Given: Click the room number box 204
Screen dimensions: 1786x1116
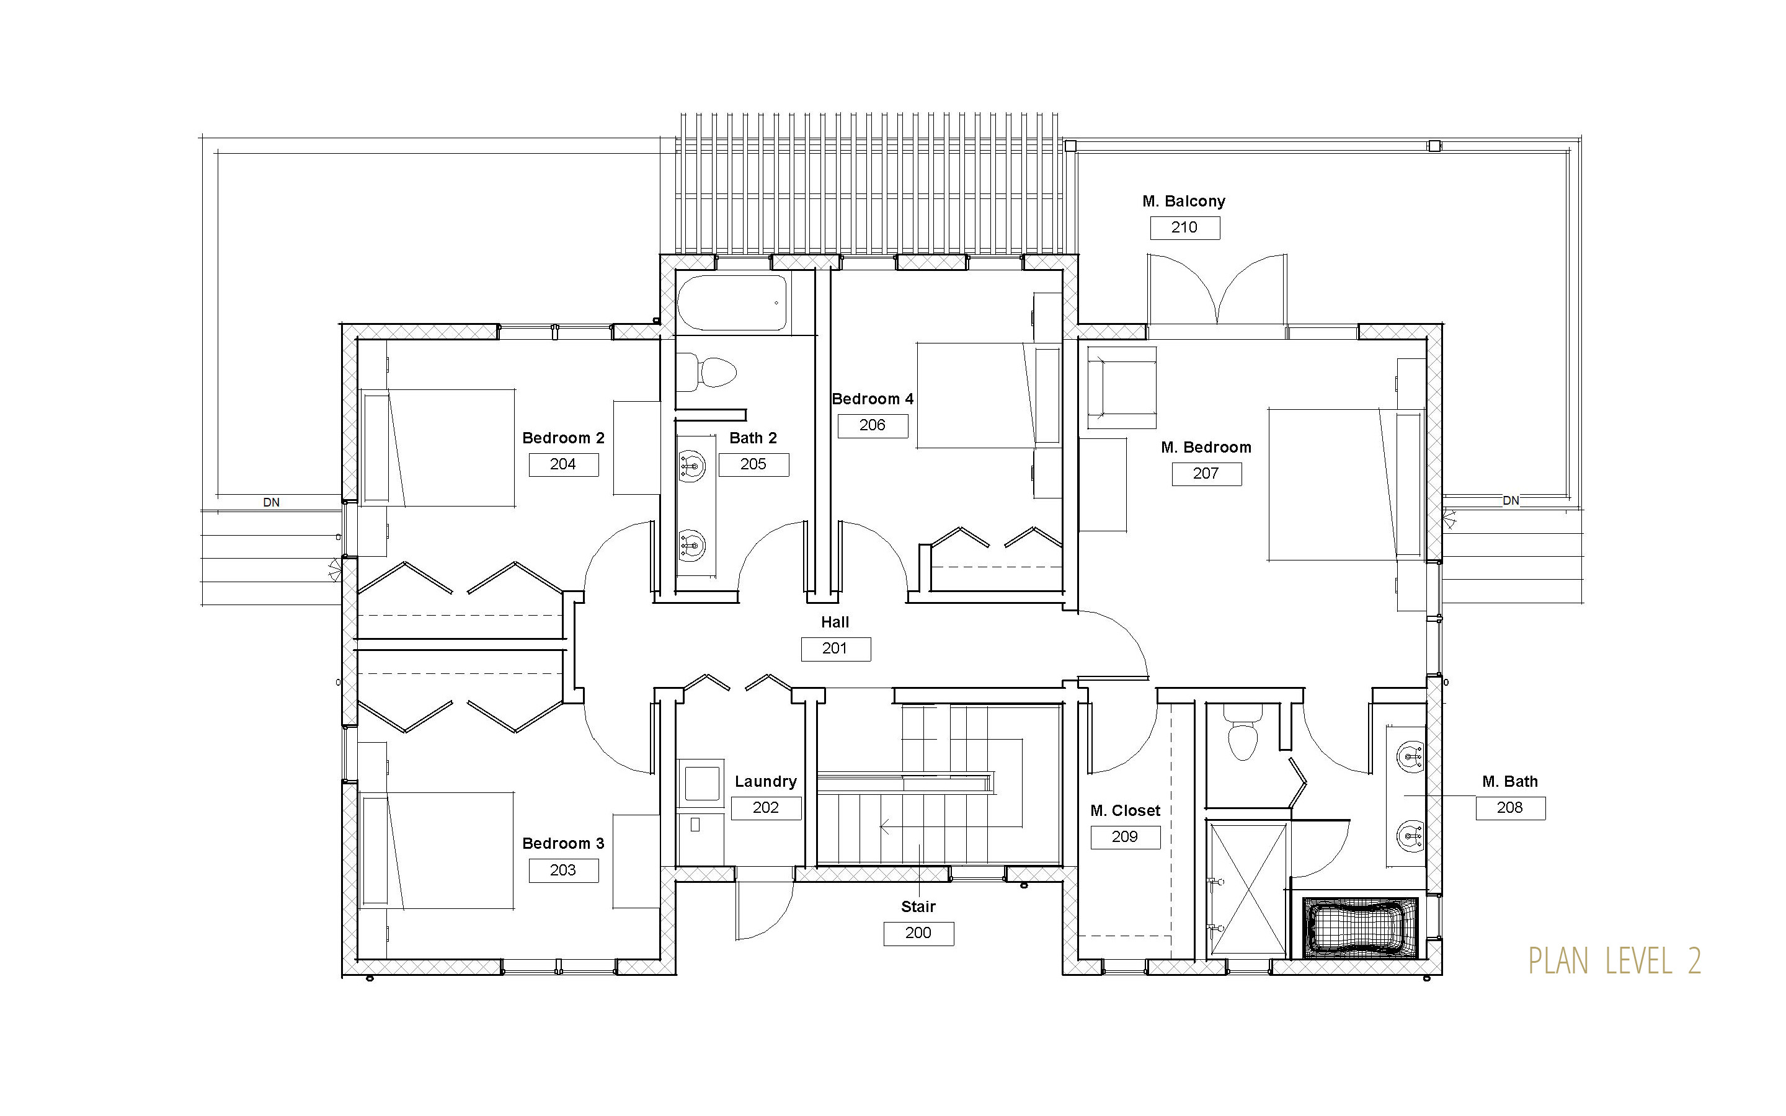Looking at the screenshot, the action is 563,464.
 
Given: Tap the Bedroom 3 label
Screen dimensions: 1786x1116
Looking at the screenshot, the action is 563,844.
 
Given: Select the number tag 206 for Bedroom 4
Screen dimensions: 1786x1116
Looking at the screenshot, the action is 873,425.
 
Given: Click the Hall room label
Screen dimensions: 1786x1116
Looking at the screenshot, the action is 835,622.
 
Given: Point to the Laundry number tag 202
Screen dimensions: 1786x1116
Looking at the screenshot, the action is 766,807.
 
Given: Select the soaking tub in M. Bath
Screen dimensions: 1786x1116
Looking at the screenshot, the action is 1360,928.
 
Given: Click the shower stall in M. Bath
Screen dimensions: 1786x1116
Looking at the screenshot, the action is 1246,890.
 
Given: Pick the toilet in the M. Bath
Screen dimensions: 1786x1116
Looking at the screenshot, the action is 1243,732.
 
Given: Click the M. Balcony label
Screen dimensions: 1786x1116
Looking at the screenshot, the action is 1184,201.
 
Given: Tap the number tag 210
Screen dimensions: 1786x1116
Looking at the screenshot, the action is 1184,228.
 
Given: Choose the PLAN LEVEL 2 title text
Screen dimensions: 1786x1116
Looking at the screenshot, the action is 1615,961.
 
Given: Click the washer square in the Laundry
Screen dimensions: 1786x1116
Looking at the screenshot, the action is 702,783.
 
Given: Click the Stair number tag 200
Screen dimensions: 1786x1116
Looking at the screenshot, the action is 919,933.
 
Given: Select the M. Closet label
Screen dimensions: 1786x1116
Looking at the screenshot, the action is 1126,810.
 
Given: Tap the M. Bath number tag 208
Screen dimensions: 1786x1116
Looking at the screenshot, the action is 1510,807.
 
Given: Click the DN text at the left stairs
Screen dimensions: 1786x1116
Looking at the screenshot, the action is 272,502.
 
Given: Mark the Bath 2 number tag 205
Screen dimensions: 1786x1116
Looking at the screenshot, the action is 753,464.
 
